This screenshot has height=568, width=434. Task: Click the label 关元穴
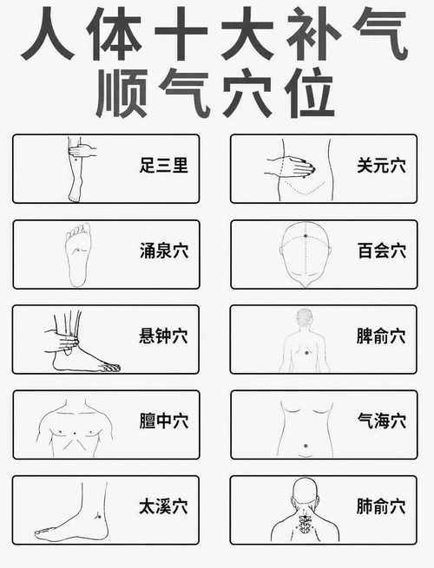381,165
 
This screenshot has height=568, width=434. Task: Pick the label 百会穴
381,251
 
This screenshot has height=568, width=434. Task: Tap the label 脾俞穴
381,336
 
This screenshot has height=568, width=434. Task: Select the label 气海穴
381,421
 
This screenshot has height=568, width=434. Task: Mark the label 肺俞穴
381,506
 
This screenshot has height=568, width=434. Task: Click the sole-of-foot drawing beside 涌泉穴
78,254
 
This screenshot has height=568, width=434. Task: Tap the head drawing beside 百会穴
305,254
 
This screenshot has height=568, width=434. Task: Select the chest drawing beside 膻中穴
76,426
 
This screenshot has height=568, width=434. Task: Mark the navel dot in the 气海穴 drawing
305,447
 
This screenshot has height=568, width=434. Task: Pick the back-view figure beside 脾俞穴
304,340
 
